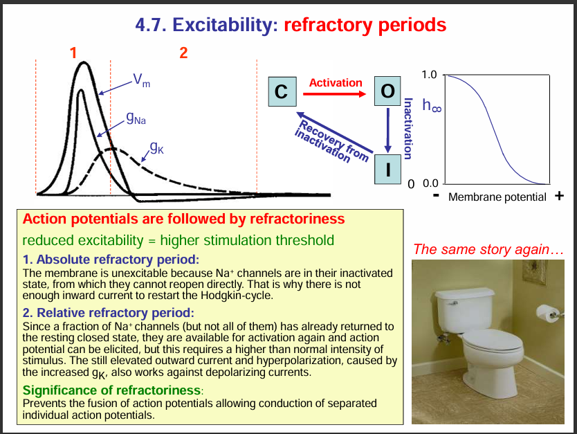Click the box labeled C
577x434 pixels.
[x=281, y=91]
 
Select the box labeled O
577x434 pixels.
[x=387, y=91]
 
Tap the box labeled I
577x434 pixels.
[x=387, y=169]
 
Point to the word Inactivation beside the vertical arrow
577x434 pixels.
[x=408, y=129]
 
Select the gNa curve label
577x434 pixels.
[x=136, y=120]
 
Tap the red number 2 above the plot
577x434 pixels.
[x=183, y=52]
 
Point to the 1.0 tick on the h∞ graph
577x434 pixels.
[x=429, y=74]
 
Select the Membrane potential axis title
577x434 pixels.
[x=497, y=197]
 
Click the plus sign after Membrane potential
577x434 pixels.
[x=560, y=196]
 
